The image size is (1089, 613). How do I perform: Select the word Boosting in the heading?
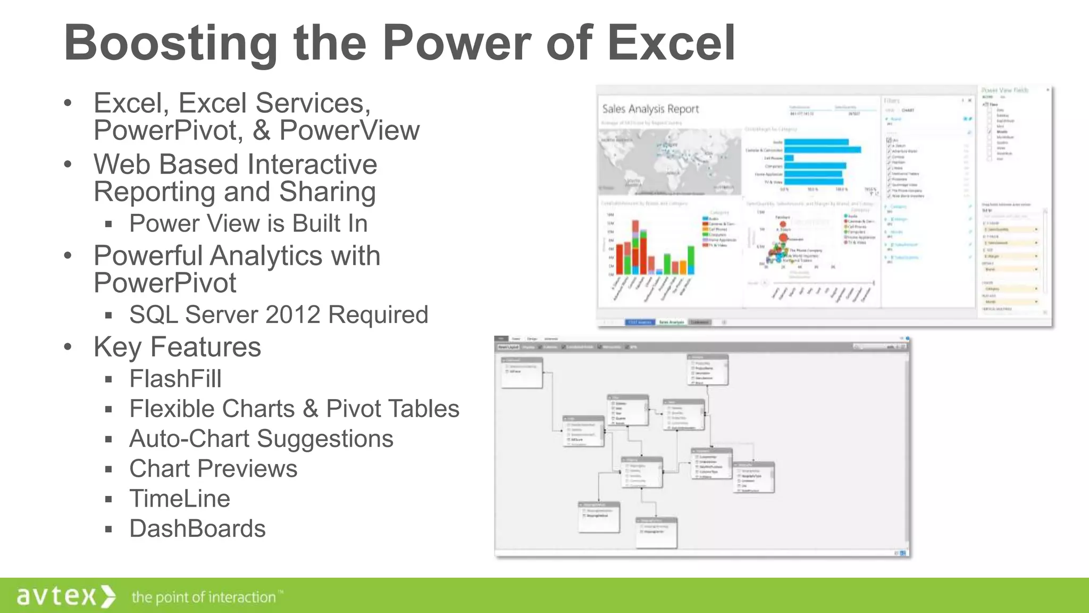click(170, 44)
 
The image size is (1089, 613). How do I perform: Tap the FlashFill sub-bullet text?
click(175, 379)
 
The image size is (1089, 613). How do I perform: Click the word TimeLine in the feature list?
click(180, 499)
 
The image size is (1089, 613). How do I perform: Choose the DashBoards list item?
click(197, 528)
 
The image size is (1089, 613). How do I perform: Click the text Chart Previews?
click(213, 469)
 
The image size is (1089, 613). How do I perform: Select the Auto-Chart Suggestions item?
click(261, 439)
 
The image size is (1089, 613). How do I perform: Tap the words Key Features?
click(177, 347)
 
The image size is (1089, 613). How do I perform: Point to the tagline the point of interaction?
click(204, 597)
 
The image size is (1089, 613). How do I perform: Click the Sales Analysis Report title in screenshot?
click(650, 109)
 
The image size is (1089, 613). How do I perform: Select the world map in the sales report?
click(670, 161)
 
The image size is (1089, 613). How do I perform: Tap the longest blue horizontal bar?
click(822, 150)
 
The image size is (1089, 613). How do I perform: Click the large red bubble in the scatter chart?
click(783, 238)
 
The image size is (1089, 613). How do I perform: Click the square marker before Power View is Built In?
click(108, 225)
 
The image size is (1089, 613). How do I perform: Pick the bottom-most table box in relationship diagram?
click(657, 532)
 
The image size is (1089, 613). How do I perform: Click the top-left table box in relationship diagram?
click(522, 371)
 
